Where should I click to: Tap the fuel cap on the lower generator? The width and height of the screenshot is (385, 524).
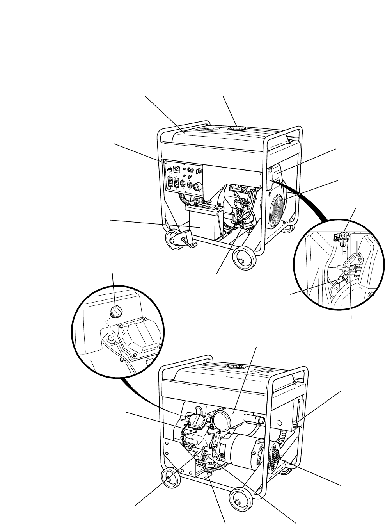click(x=235, y=366)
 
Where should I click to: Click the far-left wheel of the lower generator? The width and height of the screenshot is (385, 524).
click(x=169, y=478)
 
